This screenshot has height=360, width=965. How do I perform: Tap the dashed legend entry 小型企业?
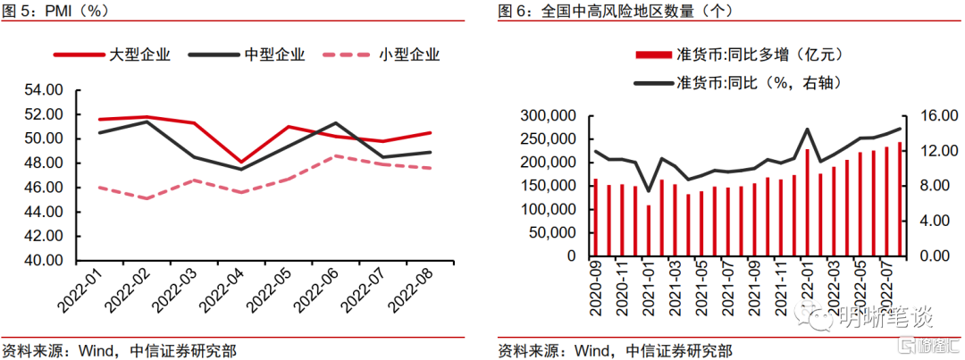pyautogui.click(x=381, y=54)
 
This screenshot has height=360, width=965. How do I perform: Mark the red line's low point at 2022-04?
pyautogui.click(x=240, y=162)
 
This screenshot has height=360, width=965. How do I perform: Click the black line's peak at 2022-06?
pyautogui.click(x=335, y=123)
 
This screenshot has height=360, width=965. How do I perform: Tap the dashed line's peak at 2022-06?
pyautogui.click(x=335, y=155)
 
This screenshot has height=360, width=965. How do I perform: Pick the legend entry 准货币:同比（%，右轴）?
pyautogui.click(x=739, y=81)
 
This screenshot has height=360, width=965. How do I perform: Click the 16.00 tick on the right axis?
pyautogui.click(x=933, y=116)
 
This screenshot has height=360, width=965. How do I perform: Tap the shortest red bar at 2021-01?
pyautogui.click(x=648, y=230)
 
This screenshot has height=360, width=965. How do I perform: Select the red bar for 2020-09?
pyautogui.click(x=596, y=218)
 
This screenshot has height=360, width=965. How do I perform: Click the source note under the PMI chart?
pyautogui.click(x=120, y=351)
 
